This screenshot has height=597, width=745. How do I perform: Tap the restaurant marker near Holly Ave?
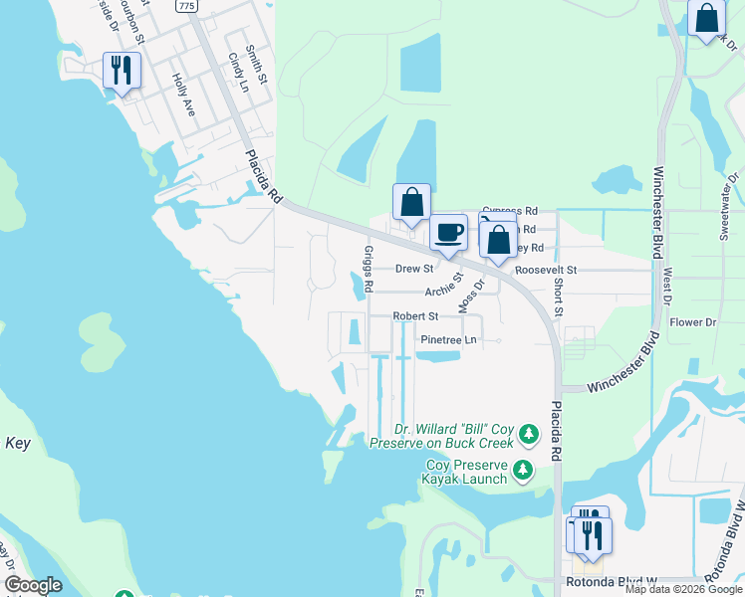tap(123, 72)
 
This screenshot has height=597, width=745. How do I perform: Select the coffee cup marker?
tap(449, 233)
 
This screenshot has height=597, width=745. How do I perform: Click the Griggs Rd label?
tap(368, 269)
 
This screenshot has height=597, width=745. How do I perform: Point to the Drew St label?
tap(414, 269)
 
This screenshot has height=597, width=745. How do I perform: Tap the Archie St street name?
tap(445, 286)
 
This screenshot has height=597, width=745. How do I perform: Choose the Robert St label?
tap(415, 316)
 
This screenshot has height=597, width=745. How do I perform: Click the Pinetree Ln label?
tap(448, 339)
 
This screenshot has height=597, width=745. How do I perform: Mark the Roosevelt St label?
tap(547, 270)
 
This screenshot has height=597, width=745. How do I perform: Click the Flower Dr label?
tap(693, 322)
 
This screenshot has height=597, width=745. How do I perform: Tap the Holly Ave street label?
tap(183, 96)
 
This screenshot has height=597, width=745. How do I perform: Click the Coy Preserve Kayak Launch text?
tap(467, 472)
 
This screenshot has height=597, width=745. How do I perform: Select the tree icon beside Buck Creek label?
tap(528, 434)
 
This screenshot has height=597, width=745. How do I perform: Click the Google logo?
tap(33, 586)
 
